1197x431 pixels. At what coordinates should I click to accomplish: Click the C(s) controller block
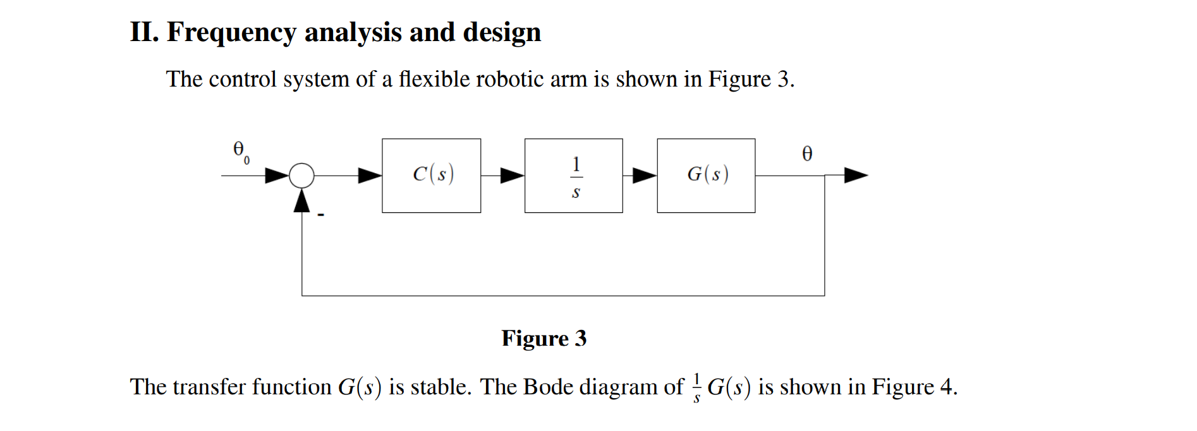[431, 175]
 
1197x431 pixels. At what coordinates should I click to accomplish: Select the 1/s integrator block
[573, 175]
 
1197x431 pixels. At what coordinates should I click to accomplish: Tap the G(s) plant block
[706, 175]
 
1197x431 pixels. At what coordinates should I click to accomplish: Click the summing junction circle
[301, 175]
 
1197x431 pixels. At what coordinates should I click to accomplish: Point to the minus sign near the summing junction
[321, 215]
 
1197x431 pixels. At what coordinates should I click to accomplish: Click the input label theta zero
[241, 152]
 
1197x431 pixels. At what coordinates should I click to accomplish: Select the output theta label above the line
[807, 154]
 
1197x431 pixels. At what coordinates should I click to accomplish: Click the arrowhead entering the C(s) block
[370, 175]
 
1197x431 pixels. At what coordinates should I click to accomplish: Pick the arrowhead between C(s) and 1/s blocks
[512, 175]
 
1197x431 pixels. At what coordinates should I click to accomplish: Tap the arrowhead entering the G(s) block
[644, 175]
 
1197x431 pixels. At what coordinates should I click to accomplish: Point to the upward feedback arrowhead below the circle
[302, 201]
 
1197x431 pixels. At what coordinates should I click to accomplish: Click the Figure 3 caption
[544, 339]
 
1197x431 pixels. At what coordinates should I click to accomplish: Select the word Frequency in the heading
[231, 33]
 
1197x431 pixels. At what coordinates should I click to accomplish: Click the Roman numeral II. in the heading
[144, 32]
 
